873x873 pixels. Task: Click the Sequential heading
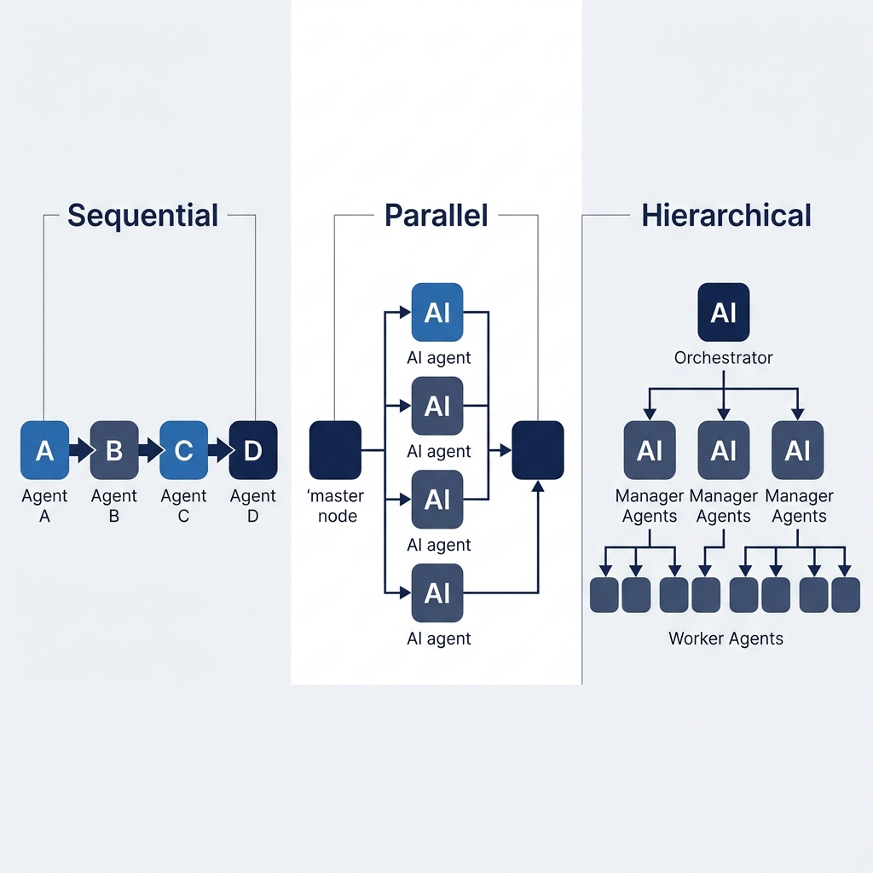142,215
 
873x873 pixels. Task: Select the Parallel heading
436,215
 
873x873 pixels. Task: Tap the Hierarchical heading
726,215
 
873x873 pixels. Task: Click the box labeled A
44,450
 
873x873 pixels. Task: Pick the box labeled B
114,450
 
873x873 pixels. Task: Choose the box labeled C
184,450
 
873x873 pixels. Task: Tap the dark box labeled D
253,450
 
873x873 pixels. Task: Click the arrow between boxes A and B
80,450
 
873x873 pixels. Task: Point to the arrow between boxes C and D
219,450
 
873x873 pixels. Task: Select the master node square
335,449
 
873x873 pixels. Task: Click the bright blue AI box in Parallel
437,313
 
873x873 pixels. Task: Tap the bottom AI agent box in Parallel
437,593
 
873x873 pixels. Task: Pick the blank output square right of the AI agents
537,449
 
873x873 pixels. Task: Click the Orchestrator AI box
723,313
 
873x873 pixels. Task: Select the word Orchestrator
723,358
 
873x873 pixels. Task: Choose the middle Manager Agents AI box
723,450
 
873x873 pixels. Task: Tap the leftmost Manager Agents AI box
650,450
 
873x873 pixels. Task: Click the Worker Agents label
726,638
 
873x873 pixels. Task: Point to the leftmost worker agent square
604,594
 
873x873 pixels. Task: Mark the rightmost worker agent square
846,594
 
